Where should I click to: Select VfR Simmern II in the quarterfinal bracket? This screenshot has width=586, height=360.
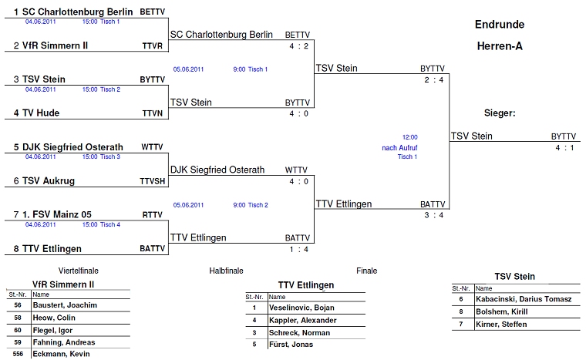point(55,45)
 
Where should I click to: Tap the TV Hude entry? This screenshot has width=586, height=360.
point(42,113)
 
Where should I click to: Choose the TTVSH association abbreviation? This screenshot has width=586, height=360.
point(152,181)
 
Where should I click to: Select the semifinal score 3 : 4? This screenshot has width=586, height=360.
point(433,215)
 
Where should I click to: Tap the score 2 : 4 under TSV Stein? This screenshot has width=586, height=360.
point(433,80)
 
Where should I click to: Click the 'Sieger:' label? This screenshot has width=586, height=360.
point(500,113)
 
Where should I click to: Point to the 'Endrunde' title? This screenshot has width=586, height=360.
point(500,25)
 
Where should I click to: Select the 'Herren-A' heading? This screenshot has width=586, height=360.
point(500,46)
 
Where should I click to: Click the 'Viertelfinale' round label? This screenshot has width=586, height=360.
point(79,271)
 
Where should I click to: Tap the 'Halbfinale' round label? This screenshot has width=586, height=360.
point(226,271)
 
